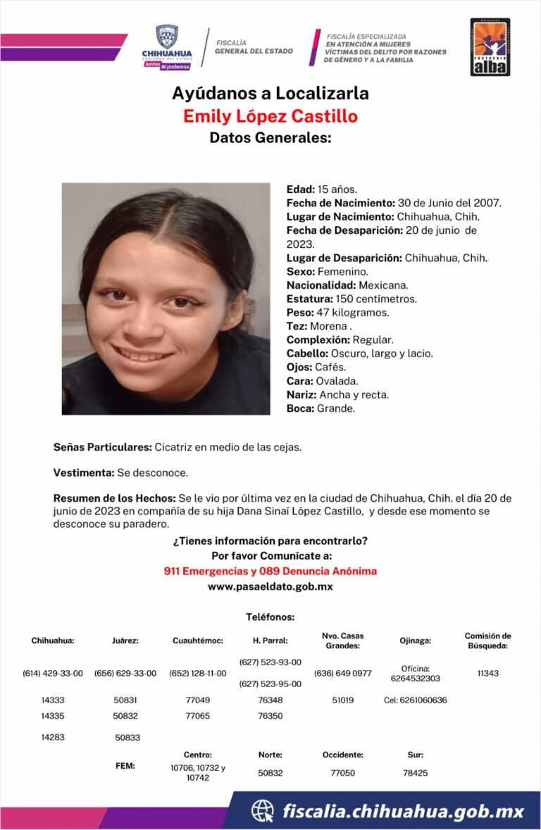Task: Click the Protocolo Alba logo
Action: click(490, 47)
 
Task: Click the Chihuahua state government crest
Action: click(166, 37)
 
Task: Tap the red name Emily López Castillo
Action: click(270, 115)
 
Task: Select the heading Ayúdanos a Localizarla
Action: click(270, 93)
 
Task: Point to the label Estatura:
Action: click(309, 298)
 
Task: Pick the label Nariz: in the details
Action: click(301, 395)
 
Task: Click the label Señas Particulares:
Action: click(102, 447)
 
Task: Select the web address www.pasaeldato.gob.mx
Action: click(270, 586)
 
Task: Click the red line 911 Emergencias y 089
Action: click(270, 571)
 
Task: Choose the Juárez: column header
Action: click(125, 641)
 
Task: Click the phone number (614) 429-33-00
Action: click(53, 673)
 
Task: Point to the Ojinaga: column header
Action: click(415, 641)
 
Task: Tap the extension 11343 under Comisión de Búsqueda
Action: click(487, 673)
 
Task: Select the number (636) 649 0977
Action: click(342, 673)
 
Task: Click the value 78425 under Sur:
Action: click(415, 772)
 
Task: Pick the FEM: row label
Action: click(125, 765)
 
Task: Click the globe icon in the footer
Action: click(263, 811)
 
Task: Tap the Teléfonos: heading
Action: click(270, 617)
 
